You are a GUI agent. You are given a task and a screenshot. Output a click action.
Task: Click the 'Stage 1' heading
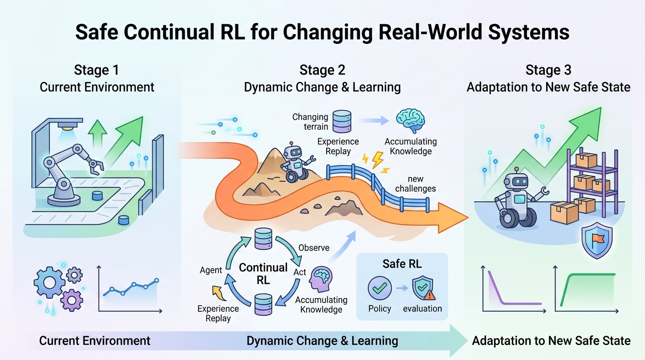point(96,70)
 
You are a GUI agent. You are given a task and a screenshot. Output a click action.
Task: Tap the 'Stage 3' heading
point(548,70)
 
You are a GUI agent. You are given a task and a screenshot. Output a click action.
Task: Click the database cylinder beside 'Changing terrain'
point(341,121)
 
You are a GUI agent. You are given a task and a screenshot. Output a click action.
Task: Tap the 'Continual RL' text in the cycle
point(263,273)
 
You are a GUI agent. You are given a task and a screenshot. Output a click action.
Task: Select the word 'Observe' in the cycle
point(314,247)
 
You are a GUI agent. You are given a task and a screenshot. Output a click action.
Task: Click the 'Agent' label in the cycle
point(210,270)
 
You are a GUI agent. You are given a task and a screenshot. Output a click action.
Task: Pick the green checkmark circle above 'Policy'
point(379,288)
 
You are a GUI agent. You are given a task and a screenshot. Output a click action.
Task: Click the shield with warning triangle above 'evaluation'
point(423,288)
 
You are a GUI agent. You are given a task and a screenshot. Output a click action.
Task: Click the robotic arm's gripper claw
point(97,165)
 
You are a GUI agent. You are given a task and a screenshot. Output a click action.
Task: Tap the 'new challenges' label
point(415,184)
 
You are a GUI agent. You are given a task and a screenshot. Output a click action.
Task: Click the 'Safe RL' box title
point(402,263)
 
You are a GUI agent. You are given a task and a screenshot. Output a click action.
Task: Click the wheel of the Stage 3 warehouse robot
point(510,218)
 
